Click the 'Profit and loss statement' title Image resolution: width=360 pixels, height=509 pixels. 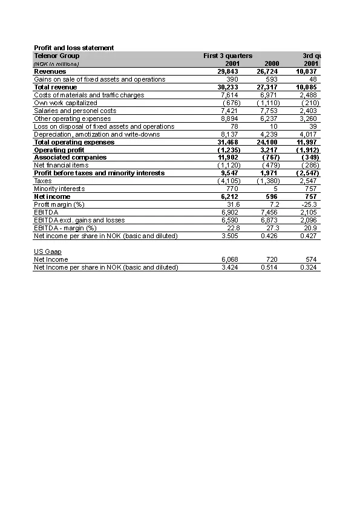[x=74, y=48]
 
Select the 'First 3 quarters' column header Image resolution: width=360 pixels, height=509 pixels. [x=227, y=56]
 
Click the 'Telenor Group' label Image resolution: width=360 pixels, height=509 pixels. [x=56, y=56]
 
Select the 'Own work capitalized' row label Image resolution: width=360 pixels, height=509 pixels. [x=65, y=103]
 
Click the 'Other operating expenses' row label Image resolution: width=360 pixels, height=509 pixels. [x=72, y=118]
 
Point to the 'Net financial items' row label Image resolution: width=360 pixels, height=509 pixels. [x=61, y=165]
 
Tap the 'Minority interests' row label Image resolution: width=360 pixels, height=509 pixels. [x=59, y=189]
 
